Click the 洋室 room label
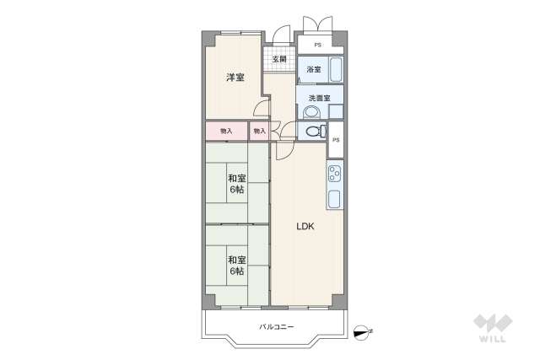pos(235,78)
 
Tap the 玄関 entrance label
pos(279,59)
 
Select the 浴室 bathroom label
pos(313,69)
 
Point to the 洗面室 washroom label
pos(319,98)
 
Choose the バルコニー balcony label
pos(276,326)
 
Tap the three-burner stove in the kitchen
pos(335,175)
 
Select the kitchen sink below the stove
pos(335,199)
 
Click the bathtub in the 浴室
pos(335,69)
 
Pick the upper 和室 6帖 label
pos(236,184)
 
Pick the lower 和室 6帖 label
pos(236,266)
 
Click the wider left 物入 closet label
pos(226,131)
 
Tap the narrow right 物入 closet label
pos(259,131)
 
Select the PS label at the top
pos(318,45)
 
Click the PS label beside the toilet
pos(335,140)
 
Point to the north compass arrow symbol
pos(363,331)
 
